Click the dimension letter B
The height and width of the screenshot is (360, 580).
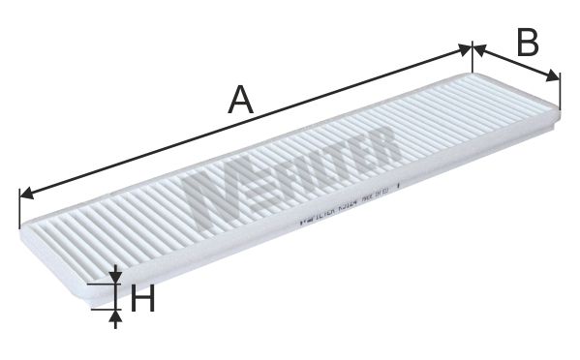(x=527, y=42)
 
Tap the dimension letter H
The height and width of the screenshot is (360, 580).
(x=142, y=301)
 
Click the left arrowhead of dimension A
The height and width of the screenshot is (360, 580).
(x=25, y=193)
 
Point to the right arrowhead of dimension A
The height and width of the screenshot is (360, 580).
(x=466, y=48)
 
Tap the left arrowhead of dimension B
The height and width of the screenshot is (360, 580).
(x=476, y=47)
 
